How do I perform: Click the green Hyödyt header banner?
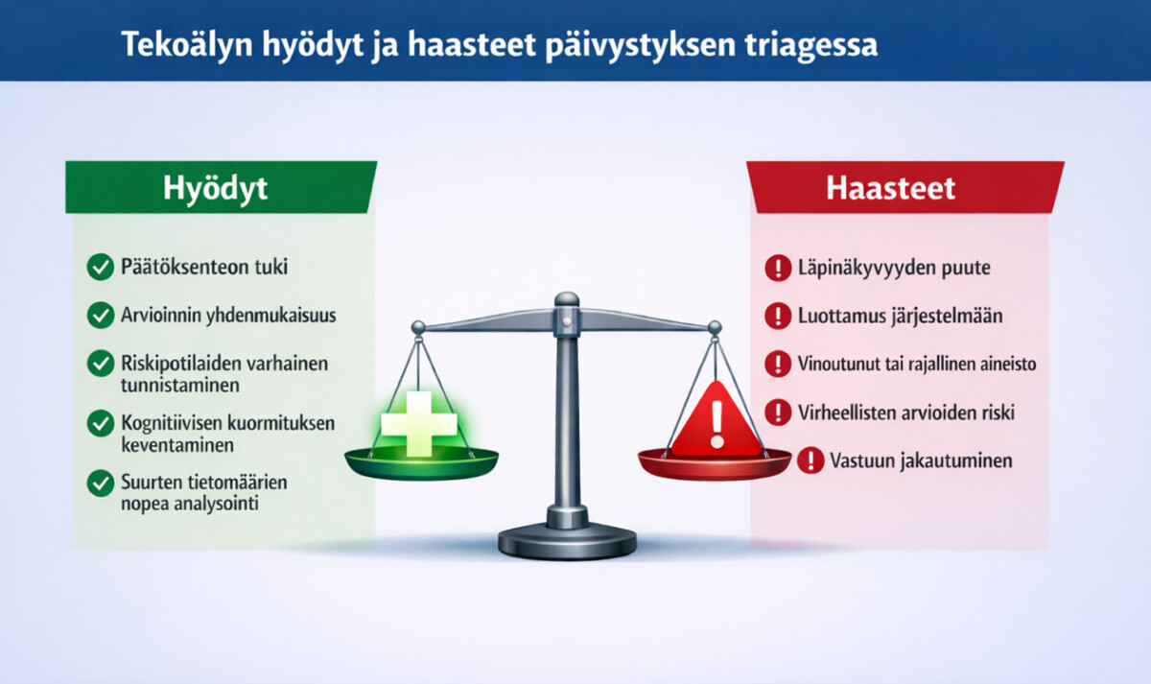point(220,186)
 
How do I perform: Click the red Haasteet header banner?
point(905,186)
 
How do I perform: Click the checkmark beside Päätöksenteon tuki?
point(100,268)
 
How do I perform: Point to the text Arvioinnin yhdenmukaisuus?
point(228,314)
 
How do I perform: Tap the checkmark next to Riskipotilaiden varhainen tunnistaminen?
point(100,363)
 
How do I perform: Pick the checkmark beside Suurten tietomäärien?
point(100,483)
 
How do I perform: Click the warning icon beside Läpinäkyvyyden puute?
point(776,269)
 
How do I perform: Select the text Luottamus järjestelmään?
point(899,315)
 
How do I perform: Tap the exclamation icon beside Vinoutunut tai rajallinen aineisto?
point(776,364)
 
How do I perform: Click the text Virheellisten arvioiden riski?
point(905,413)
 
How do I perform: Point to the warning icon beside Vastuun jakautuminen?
point(810,460)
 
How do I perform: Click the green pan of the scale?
point(421,466)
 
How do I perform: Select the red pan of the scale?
point(715,465)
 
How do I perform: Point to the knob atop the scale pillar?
point(567,300)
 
